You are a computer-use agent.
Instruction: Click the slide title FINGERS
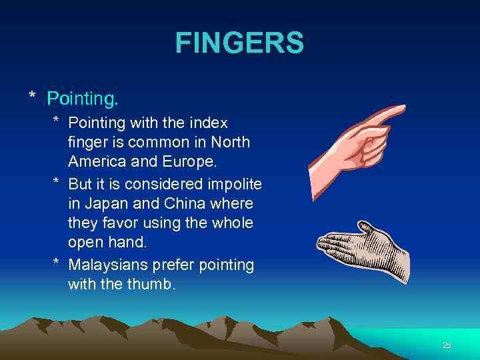[239, 43]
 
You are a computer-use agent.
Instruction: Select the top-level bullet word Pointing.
[83, 99]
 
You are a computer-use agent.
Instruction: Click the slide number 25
[447, 345]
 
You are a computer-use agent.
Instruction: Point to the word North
[229, 142]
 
